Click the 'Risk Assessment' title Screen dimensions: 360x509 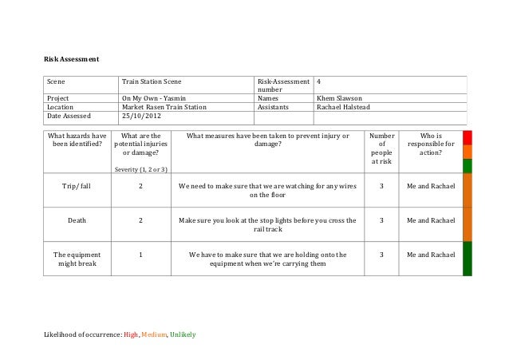click(71, 58)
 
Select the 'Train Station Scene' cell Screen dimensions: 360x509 click(151, 81)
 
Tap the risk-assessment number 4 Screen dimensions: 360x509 click(319, 81)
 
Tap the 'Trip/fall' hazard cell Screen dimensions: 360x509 click(77, 185)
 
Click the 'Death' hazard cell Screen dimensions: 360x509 click(77, 220)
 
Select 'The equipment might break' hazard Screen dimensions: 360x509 click(77, 259)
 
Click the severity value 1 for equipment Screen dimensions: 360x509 click(140, 255)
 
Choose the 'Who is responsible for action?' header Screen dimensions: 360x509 click(430, 144)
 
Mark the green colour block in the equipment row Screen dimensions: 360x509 click(468, 259)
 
